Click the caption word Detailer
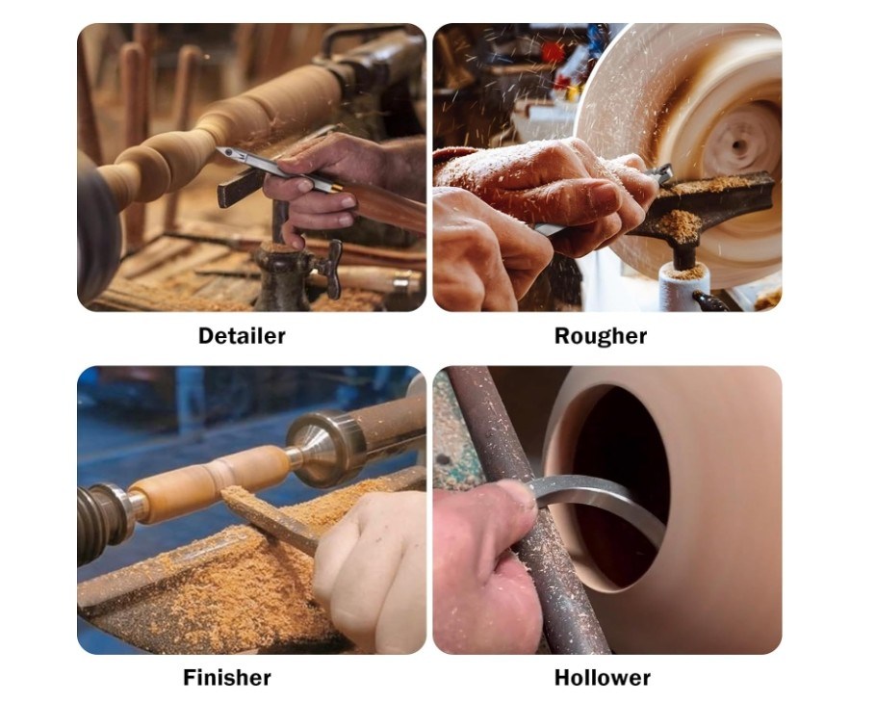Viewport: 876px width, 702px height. (x=242, y=336)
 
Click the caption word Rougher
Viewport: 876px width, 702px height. (x=601, y=336)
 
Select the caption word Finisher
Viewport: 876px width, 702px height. (x=227, y=677)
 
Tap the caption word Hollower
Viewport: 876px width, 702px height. (x=603, y=677)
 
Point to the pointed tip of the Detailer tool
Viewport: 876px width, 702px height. (x=219, y=150)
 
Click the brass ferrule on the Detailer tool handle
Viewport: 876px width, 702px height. (x=336, y=187)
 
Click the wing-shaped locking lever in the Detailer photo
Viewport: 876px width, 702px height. (x=331, y=269)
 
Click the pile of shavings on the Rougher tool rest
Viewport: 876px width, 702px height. (x=679, y=222)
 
